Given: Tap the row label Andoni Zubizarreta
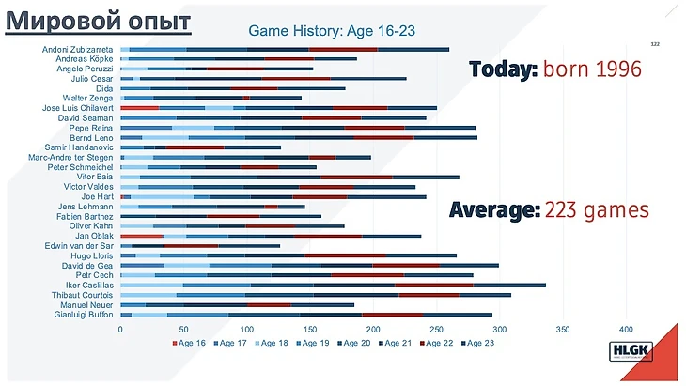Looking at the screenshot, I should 79,49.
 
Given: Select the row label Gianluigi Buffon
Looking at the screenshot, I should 84,315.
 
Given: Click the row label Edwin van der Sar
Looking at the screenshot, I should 83,245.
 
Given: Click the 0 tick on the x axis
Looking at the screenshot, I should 120,330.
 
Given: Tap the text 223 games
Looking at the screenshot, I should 597,209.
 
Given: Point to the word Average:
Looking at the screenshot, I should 494,209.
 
